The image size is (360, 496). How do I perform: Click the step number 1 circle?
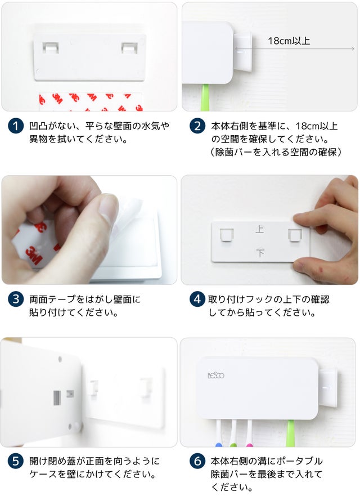[16, 126]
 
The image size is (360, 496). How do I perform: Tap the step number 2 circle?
[197, 126]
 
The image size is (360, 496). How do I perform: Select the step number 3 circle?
[16, 300]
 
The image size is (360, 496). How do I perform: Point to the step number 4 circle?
[197, 300]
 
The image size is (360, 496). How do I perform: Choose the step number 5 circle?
[16, 461]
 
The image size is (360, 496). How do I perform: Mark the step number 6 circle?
[197, 461]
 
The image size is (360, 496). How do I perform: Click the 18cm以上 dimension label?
[289, 41]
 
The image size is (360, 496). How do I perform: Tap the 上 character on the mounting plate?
[260, 229]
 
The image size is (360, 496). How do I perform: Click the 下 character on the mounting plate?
[260, 253]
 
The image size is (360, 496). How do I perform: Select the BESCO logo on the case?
[216, 376]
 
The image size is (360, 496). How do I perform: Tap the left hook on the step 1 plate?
[51, 48]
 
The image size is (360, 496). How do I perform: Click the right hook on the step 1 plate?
[129, 48]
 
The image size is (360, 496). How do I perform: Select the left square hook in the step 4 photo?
[227, 235]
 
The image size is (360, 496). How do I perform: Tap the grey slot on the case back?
[57, 398]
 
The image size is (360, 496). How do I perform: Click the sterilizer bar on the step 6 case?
[327, 388]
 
